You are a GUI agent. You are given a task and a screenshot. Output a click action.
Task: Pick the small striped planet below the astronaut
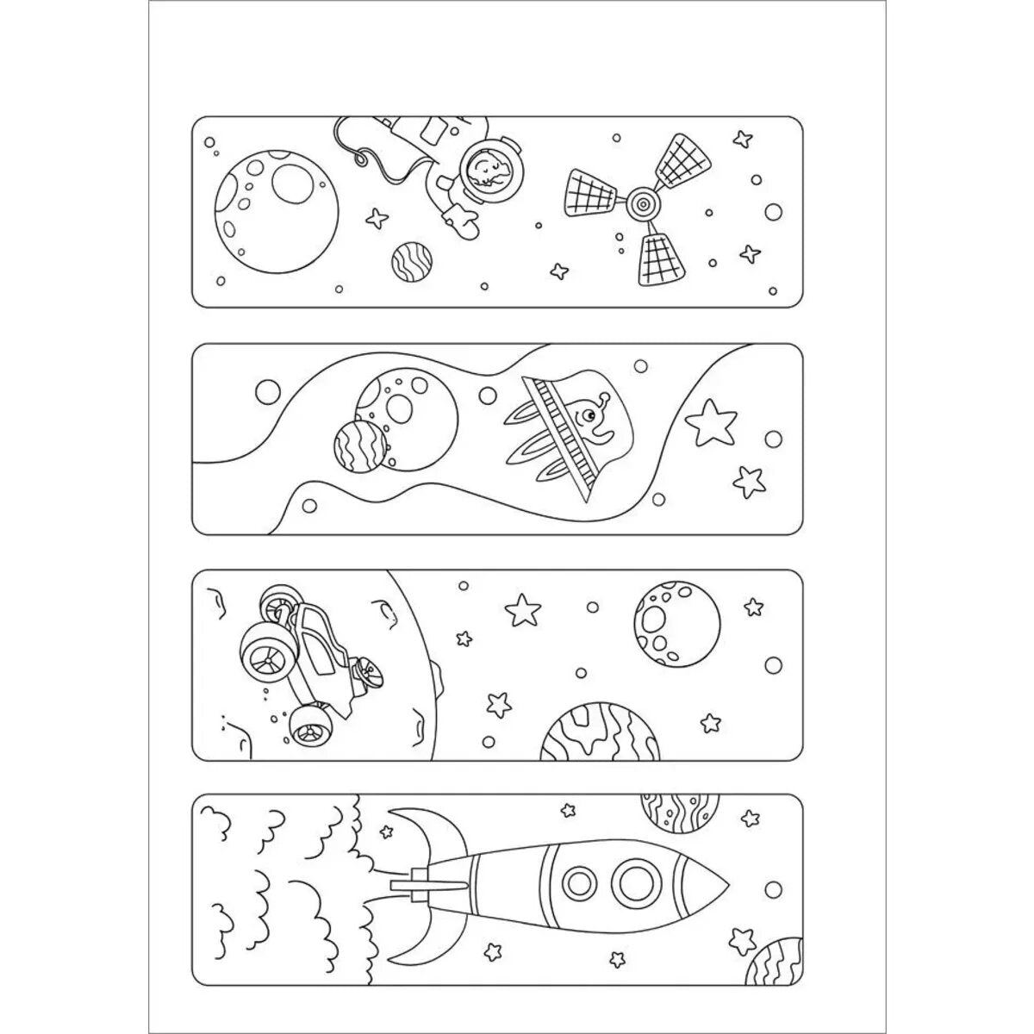tap(411, 261)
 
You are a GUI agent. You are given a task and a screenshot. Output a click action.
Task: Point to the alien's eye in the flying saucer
tap(588, 418)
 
